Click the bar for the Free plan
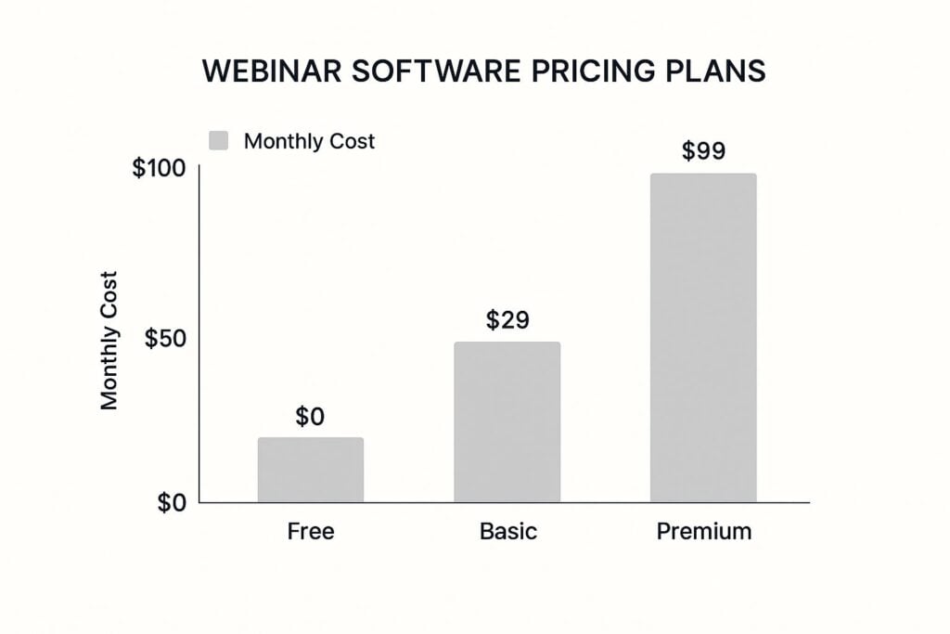click(x=311, y=470)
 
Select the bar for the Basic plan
click(x=507, y=421)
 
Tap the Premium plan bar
click(x=703, y=338)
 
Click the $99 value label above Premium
click(x=703, y=150)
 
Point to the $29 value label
click(x=507, y=319)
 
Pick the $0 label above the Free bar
click(x=310, y=417)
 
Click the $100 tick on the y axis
click(x=159, y=168)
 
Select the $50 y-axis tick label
click(x=165, y=338)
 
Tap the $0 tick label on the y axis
click(x=172, y=503)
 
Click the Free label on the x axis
click(x=311, y=532)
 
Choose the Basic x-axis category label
click(x=508, y=532)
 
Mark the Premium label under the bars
click(x=704, y=532)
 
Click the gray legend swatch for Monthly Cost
click(x=219, y=140)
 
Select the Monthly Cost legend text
click(x=309, y=141)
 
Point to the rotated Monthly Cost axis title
click(x=109, y=341)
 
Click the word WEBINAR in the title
click(x=272, y=71)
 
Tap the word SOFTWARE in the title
click(x=436, y=71)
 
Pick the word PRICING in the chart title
click(x=593, y=71)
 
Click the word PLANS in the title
click(x=715, y=71)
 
